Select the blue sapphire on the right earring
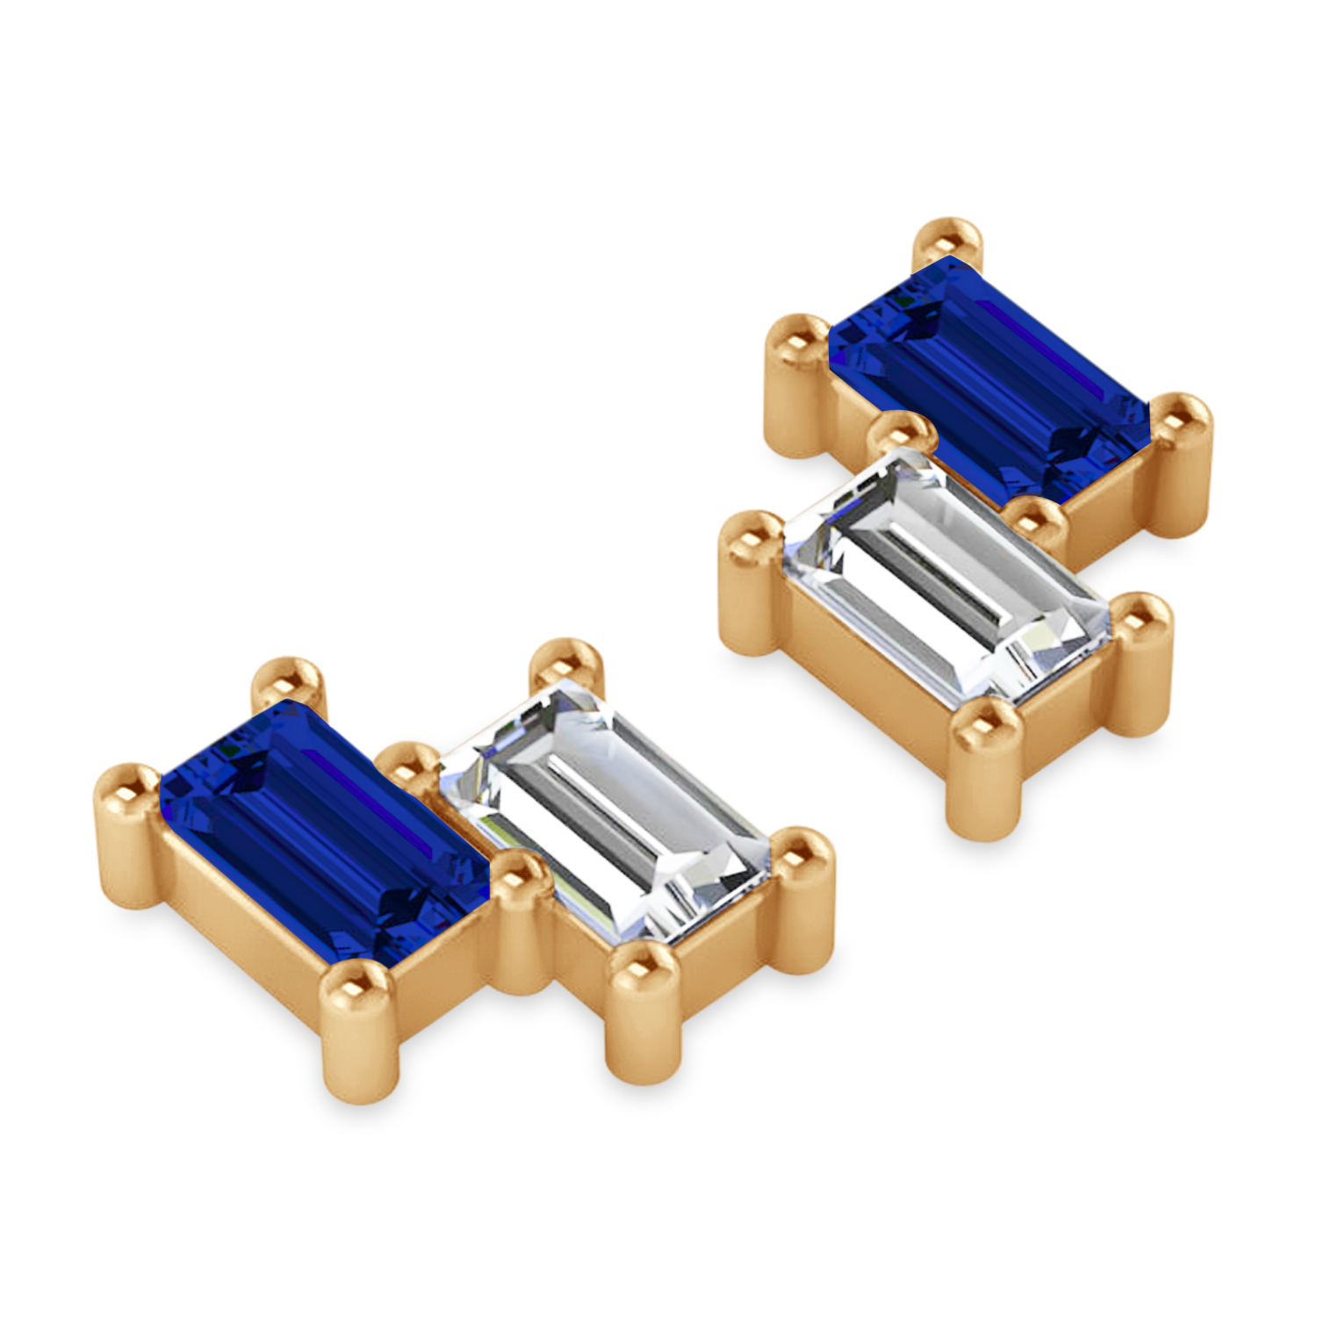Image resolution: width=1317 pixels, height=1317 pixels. tap(988, 378)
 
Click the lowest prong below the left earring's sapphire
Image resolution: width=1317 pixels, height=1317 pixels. tap(360, 992)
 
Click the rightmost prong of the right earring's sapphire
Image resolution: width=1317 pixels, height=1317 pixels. tap(1181, 421)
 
